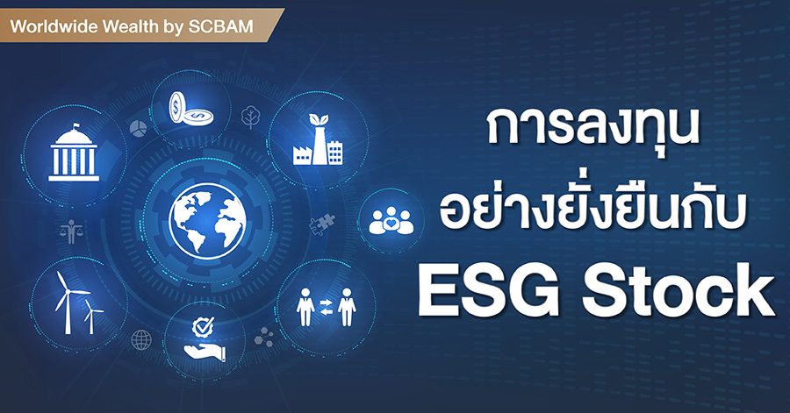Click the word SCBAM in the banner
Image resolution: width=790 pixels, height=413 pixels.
coord(220,26)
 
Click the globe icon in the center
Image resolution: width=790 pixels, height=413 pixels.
coord(207,221)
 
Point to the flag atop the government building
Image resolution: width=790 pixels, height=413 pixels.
coord(76,125)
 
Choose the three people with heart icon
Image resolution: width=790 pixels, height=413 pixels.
coord(391,220)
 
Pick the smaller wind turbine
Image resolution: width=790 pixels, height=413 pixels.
coord(91,316)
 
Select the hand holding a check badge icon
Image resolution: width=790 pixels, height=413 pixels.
coord(204,339)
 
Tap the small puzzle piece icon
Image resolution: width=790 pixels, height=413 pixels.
coord(321,224)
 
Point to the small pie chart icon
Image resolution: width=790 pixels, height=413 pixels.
coord(138,128)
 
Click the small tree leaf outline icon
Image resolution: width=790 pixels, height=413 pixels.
coord(250,117)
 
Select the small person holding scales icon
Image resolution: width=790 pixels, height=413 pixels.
coord(71,231)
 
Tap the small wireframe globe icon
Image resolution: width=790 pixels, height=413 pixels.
coord(141,340)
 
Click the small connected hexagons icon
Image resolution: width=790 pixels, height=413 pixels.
coord(264,337)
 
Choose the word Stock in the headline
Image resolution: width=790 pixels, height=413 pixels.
coord(679,292)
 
